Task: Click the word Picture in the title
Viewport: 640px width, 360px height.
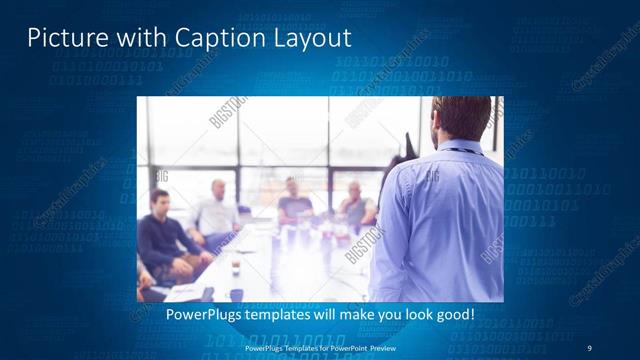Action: pyautogui.click(x=61, y=38)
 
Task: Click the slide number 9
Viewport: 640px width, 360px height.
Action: pyautogui.click(x=589, y=348)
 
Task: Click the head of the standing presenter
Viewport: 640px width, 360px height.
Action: pyautogui.click(x=462, y=118)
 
